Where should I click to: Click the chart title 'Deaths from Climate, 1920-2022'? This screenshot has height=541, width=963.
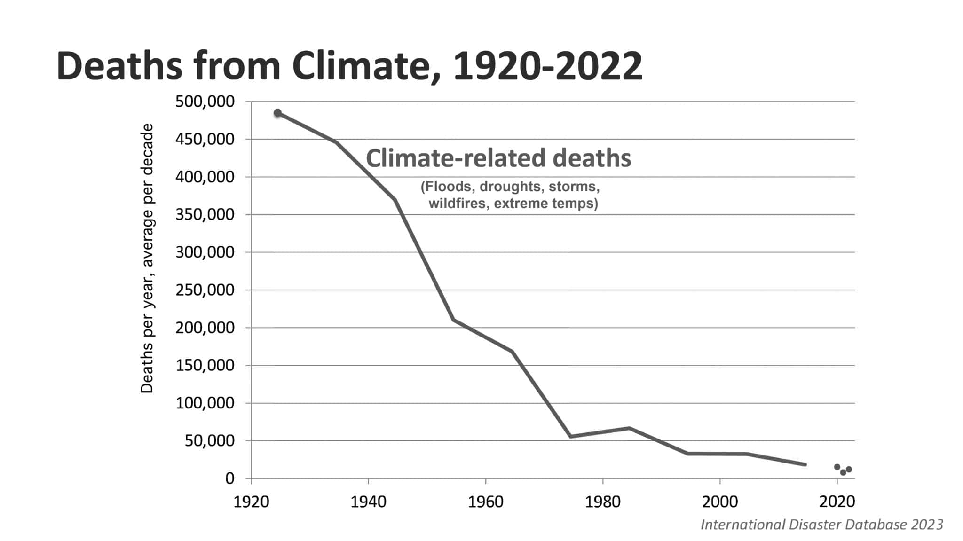(349, 66)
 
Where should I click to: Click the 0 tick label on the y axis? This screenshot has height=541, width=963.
(229, 478)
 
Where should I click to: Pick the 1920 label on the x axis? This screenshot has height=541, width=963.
(251, 502)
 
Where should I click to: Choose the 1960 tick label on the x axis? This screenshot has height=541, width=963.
(485, 502)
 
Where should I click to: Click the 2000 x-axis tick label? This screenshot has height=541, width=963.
(719, 502)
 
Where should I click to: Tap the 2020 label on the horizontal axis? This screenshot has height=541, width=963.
(837, 502)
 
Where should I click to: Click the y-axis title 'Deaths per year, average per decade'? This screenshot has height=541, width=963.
(147, 259)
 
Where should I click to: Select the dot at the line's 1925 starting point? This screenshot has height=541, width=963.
(278, 113)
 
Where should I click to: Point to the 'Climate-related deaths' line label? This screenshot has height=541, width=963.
(498, 158)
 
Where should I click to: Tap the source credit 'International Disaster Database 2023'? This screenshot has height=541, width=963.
(821, 525)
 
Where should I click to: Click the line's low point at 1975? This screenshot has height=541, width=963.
(570, 437)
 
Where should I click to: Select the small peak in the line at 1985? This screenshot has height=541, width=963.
(629, 428)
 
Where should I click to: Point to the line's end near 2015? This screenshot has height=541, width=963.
(805, 464)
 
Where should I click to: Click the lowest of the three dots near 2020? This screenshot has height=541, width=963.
(843, 472)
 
